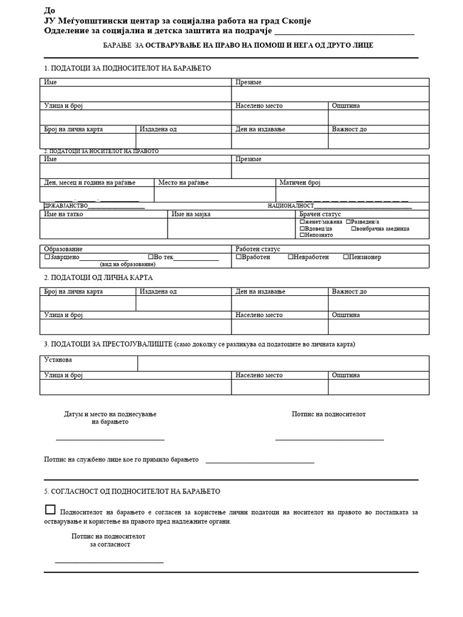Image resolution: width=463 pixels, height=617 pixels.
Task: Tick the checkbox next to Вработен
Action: point(238,257)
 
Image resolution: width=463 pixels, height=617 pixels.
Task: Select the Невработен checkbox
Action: point(291,257)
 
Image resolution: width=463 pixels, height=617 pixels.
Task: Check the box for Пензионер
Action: point(346,257)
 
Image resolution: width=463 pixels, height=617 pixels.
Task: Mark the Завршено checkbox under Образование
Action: point(47,257)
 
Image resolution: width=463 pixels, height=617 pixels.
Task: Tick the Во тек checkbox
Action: point(151,257)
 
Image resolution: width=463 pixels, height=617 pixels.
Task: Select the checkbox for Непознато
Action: point(302,235)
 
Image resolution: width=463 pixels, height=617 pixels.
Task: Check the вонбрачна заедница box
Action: point(354,228)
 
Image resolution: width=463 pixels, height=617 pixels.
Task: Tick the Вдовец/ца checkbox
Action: point(302,228)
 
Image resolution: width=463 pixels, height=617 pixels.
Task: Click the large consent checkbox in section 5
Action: point(50,510)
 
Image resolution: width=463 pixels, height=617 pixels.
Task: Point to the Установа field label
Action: point(58,360)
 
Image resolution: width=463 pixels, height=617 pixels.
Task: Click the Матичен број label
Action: point(300,183)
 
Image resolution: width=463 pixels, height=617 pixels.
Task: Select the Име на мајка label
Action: point(191,214)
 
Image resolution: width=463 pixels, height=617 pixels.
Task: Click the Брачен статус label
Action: point(320,214)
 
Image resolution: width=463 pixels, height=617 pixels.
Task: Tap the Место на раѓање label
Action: point(183,183)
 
